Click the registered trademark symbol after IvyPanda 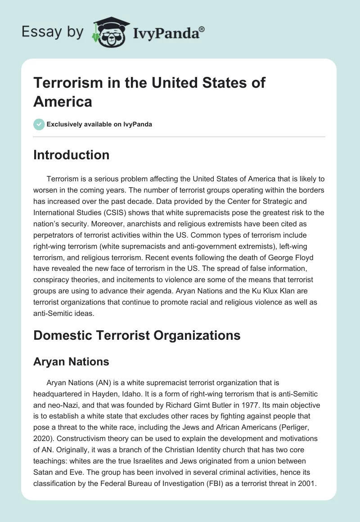[x=202, y=29]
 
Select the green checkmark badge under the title [x=39, y=124]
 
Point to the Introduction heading [x=71, y=155]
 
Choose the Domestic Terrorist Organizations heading [x=137, y=335]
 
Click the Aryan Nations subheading [x=71, y=361]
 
